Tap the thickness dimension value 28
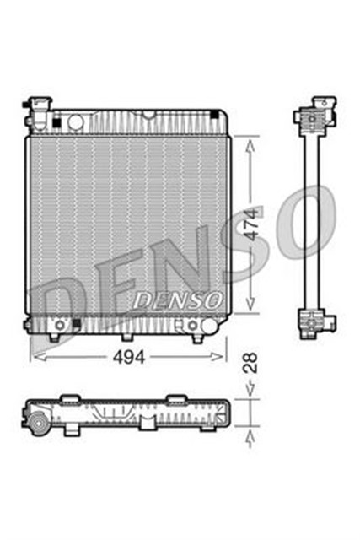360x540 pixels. coord(251,364)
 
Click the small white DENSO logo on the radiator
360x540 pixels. coord(178,299)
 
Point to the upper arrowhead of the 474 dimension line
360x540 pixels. coord(250,142)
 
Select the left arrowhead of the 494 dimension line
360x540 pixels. coord(34,356)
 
